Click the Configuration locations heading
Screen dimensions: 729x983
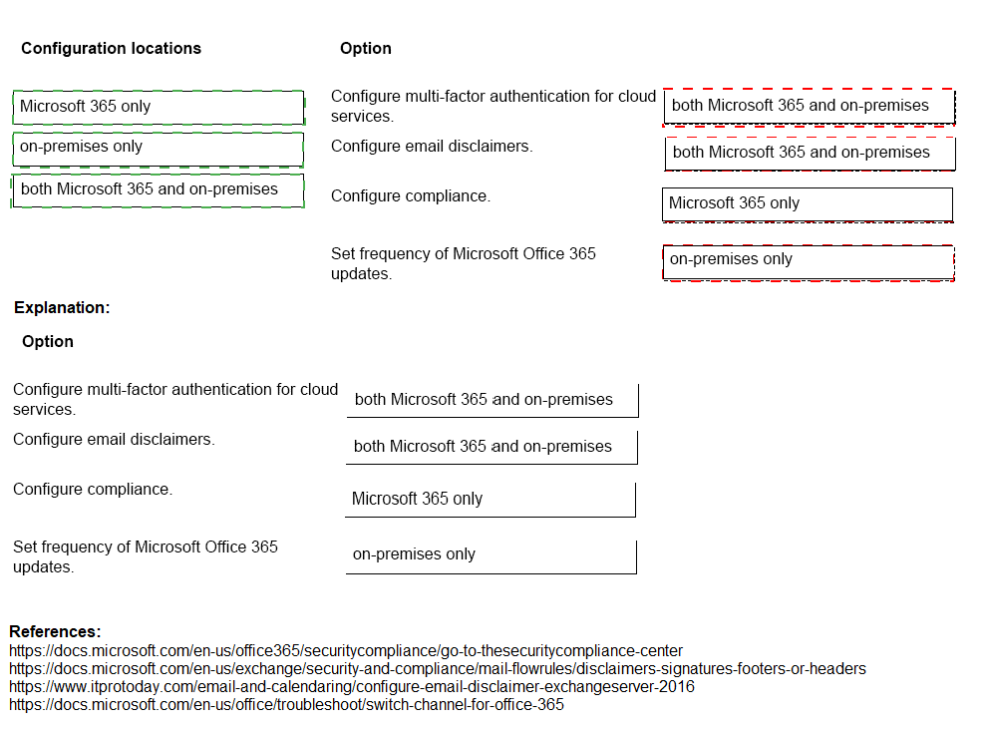coord(111,48)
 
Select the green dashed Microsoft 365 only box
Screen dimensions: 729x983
coord(159,107)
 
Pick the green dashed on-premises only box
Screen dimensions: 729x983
coord(159,148)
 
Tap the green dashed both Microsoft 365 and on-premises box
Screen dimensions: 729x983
coord(159,189)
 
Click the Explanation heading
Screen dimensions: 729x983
coord(62,307)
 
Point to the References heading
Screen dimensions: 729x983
coord(55,631)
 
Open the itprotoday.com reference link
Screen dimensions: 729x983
coord(352,686)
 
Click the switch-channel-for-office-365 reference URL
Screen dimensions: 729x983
coord(286,704)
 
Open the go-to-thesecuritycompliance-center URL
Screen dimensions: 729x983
coord(346,650)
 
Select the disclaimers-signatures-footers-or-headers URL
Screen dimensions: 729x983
coord(438,668)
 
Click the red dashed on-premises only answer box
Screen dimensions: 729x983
coord(809,261)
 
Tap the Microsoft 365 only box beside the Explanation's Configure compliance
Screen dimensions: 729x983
coord(491,499)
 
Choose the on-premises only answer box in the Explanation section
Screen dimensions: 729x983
coord(491,555)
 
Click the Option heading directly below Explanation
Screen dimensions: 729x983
coord(48,341)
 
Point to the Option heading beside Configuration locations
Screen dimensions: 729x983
coord(366,48)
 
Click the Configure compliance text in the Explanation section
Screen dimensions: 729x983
coord(93,489)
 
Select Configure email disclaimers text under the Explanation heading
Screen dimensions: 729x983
coord(114,439)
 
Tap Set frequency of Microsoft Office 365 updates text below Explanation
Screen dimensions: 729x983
coord(146,556)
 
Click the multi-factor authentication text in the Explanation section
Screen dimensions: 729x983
coord(175,399)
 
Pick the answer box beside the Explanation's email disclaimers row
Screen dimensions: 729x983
coord(491,447)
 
